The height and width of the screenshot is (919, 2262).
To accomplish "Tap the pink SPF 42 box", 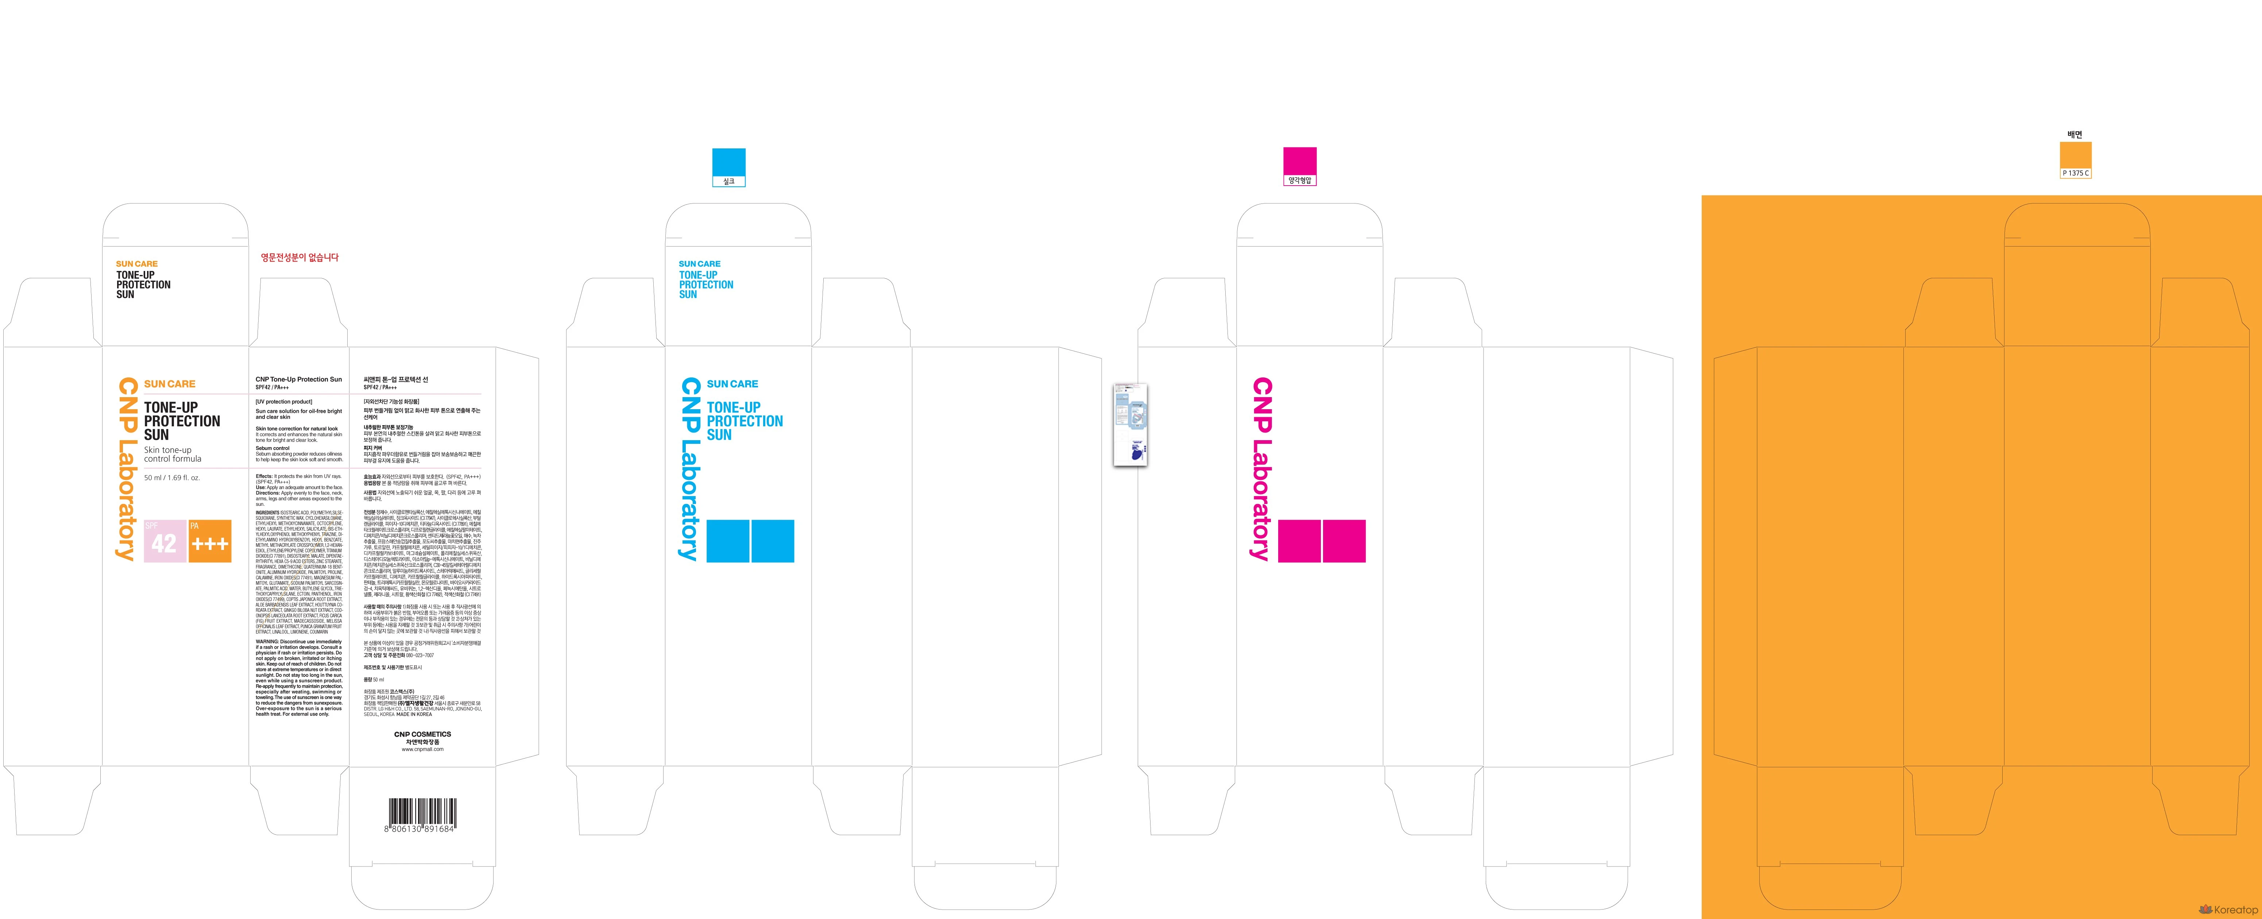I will pos(164,541).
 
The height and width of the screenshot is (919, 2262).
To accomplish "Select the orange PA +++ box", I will pos(210,541).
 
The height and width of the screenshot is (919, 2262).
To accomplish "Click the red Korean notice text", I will pos(299,257).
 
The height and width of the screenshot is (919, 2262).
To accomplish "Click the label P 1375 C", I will pos(2076,173).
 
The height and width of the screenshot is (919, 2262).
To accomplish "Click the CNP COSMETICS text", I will pos(422,734).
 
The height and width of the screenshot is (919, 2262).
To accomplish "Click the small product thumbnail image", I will pos(1130,424).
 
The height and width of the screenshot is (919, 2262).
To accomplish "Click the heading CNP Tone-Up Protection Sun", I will pos(298,379).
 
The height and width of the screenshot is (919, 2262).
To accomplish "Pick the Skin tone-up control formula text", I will pos(173,454).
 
